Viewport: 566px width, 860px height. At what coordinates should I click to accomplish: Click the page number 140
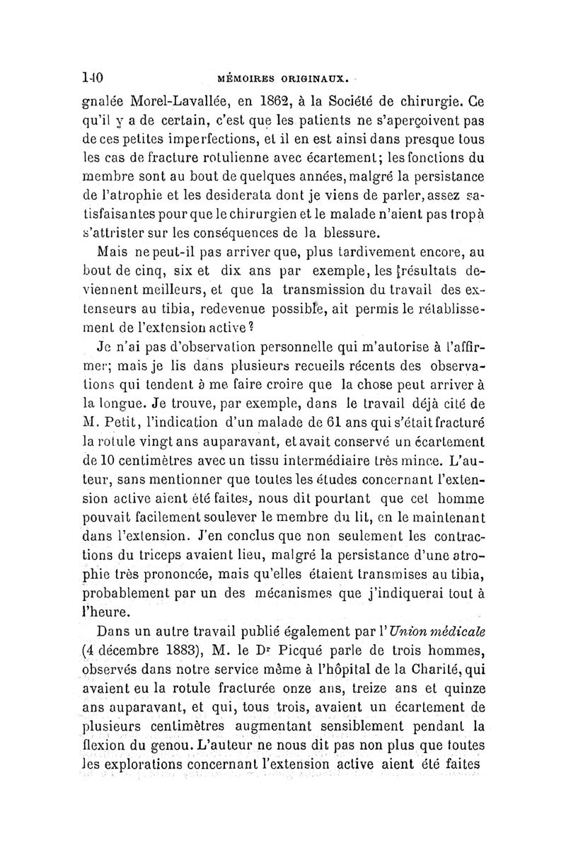click(93, 74)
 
